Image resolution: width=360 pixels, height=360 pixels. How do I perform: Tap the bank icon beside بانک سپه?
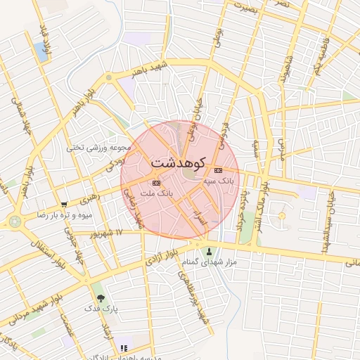tap(218, 170)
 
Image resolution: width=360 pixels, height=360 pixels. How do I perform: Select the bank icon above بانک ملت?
tap(156, 183)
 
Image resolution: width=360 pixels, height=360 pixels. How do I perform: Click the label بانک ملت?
tap(156, 193)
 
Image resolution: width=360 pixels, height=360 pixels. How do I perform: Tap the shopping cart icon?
tap(65, 205)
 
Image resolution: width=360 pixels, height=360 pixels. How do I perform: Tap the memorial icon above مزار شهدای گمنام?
tap(209, 251)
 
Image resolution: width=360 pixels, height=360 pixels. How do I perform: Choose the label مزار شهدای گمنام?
tap(209, 262)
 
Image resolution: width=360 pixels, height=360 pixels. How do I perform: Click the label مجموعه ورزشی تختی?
tap(99, 147)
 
